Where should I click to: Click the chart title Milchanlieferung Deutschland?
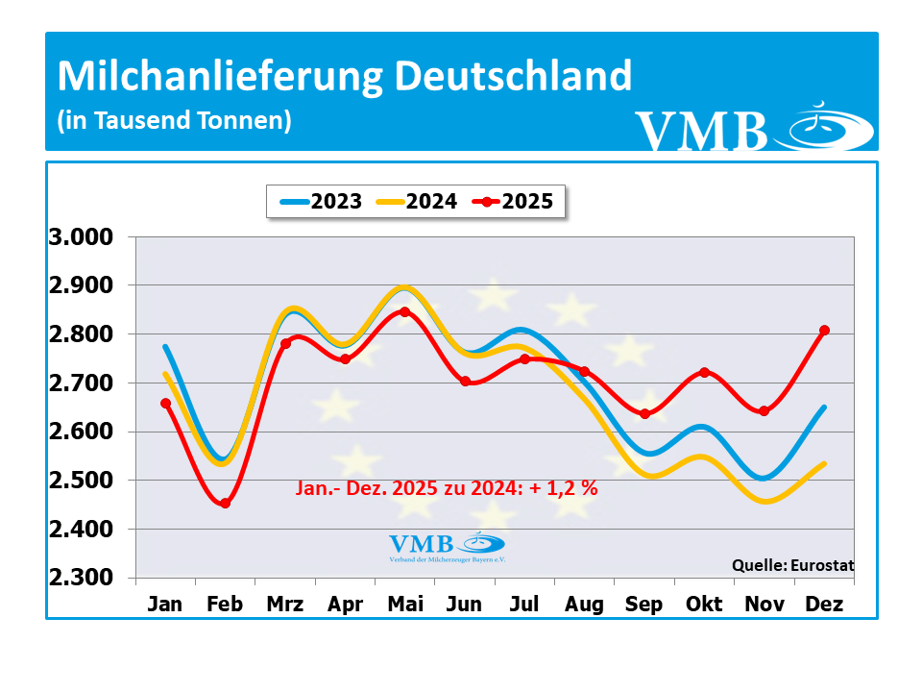[x=345, y=76]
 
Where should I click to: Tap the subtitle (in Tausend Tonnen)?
[x=174, y=121]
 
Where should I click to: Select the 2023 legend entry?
[x=321, y=202]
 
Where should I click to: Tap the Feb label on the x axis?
[x=225, y=605]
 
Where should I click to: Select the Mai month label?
[x=404, y=605]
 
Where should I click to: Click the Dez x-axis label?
[x=824, y=605]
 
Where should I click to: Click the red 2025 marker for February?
[x=226, y=503]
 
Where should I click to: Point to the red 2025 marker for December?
[x=824, y=331]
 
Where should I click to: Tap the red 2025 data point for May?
[x=404, y=311]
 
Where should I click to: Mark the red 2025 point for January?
[x=165, y=404]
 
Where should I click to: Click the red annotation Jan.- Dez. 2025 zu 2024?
[x=445, y=489]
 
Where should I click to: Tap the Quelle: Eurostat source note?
[x=792, y=565]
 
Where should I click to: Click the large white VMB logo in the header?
[x=754, y=130]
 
